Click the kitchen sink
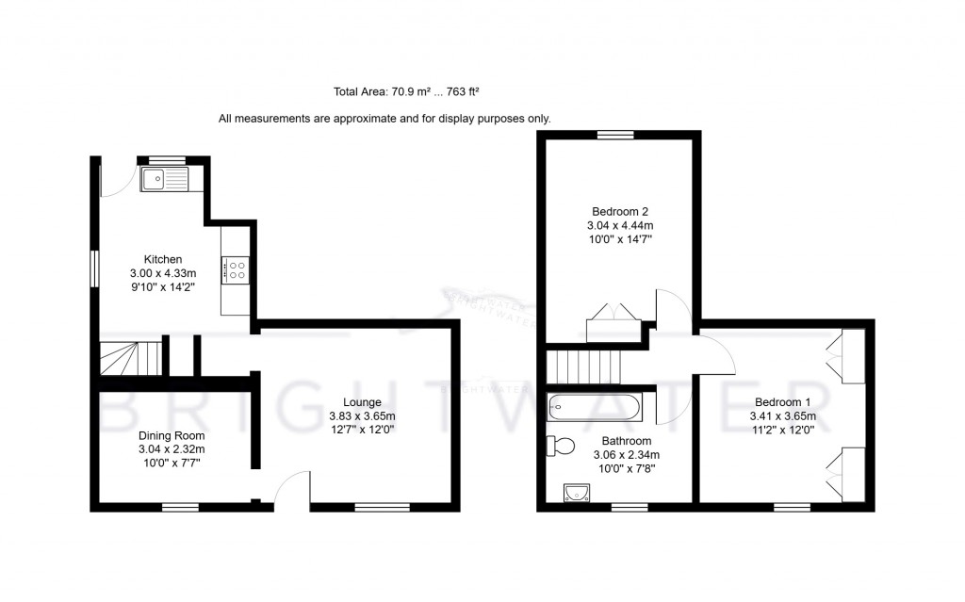(165, 178)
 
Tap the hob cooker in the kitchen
(236, 271)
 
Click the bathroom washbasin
(575, 493)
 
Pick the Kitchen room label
(162, 260)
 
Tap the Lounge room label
(362, 402)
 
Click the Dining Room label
(172, 436)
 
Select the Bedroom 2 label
(619, 211)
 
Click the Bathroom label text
(627, 441)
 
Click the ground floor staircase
(128, 359)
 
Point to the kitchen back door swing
(113, 180)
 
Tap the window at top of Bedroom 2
(615, 135)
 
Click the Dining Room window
(179, 508)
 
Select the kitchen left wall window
(94, 267)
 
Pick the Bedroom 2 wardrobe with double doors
(614, 322)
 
